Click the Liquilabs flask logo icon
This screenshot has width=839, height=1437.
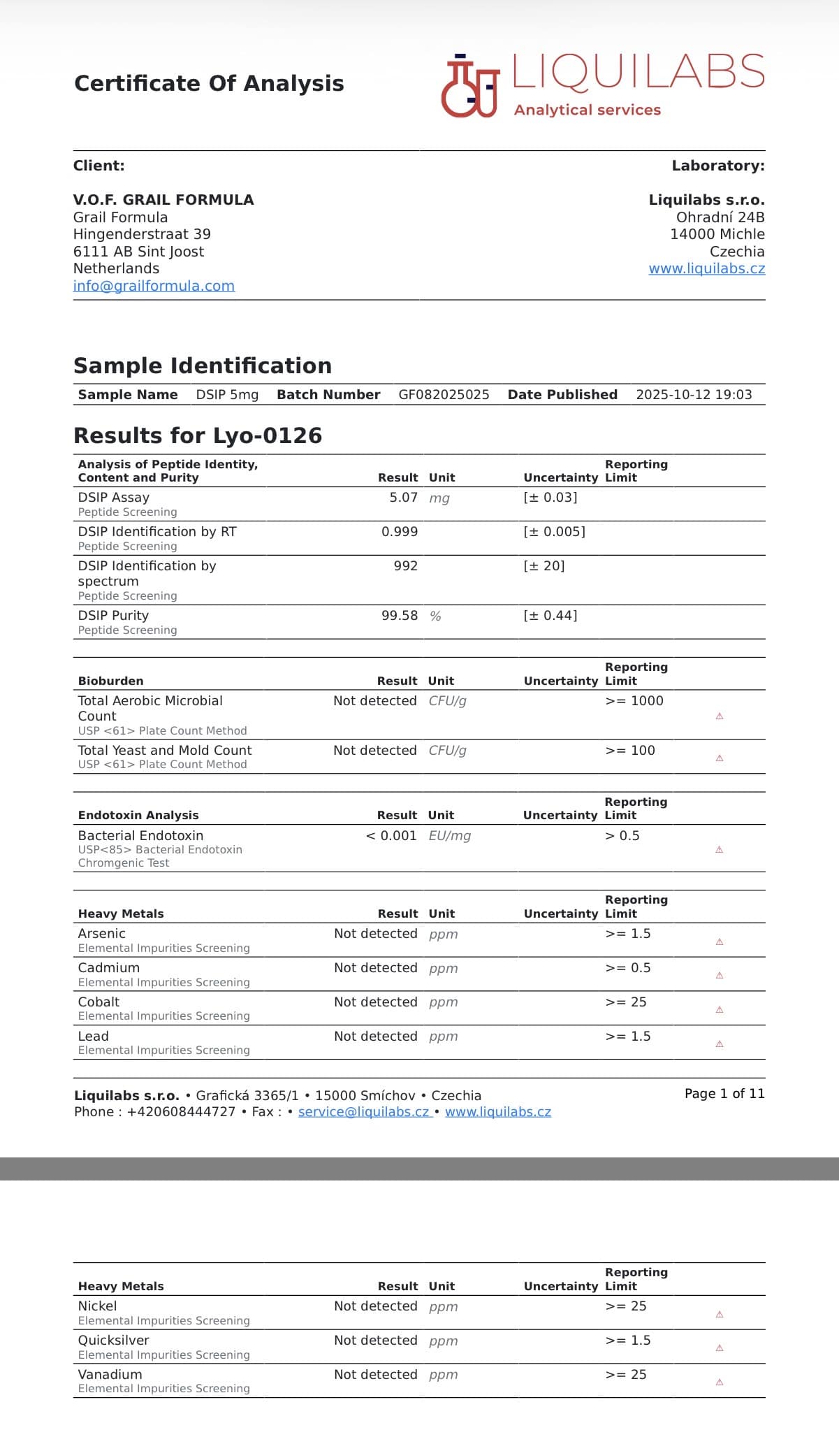[469, 86]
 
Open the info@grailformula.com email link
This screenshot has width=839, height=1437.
[154, 286]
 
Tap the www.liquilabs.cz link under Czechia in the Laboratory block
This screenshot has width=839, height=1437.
[706, 268]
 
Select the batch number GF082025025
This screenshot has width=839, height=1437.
[444, 395]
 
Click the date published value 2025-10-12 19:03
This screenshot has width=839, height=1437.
[694, 395]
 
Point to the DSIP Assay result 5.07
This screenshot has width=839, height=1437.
[403, 498]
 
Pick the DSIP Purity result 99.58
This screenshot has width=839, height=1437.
[399, 616]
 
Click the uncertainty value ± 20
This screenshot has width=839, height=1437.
[544, 566]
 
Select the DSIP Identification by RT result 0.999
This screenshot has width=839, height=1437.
[399, 532]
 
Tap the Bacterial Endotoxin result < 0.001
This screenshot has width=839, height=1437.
[391, 836]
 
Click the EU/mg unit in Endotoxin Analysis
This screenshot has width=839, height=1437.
[449, 836]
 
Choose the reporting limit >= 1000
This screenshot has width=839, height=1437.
[634, 701]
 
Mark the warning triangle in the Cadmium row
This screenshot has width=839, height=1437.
[720, 976]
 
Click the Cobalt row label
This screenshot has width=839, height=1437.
[99, 1002]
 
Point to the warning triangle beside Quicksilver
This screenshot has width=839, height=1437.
[720, 1348]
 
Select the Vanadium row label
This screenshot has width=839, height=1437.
[110, 1375]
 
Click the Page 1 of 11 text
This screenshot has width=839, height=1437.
[724, 1094]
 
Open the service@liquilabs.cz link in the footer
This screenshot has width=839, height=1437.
[363, 1112]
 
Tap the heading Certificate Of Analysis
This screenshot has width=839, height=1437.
[209, 84]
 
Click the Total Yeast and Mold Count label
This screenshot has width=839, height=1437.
[165, 751]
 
